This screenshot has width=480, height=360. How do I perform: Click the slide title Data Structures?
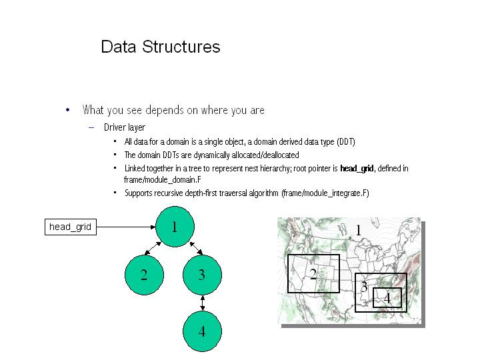[x=160, y=47]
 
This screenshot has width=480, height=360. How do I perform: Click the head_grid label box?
[x=70, y=227]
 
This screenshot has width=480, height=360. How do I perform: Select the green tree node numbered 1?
[x=175, y=227]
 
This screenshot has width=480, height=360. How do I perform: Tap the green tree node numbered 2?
[x=144, y=275]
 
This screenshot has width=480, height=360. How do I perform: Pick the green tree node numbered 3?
[x=202, y=275]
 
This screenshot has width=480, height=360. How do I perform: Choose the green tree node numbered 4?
[x=202, y=331]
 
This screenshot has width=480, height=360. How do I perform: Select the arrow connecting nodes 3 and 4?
[x=202, y=303]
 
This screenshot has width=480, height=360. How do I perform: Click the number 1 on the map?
[x=358, y=231]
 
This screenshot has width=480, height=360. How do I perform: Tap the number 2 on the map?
[x=313, y=274]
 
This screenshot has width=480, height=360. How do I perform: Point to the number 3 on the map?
[x=364, y=287]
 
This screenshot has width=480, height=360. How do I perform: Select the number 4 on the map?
[x=387, y=299]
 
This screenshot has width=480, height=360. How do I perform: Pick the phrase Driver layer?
[x=125, y=127]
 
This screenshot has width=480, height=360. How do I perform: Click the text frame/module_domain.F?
[x=163, y=179]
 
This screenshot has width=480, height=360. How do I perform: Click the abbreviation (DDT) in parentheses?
[x=344, y=142]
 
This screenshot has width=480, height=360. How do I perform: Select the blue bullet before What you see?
[x=67, y=110]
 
